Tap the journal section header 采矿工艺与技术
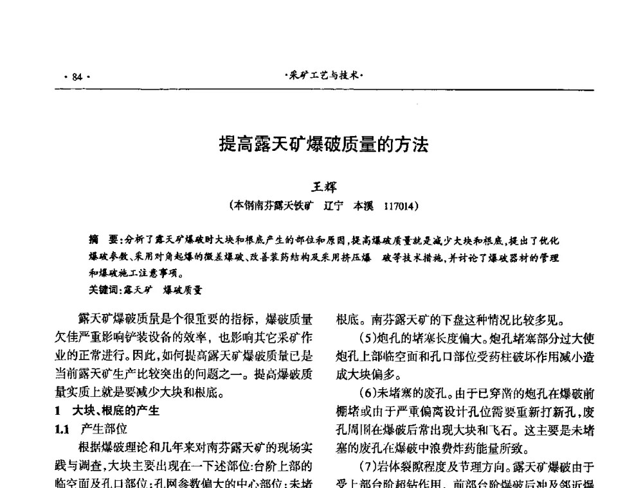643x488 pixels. [324, 76]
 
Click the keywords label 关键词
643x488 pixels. [104, 290]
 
